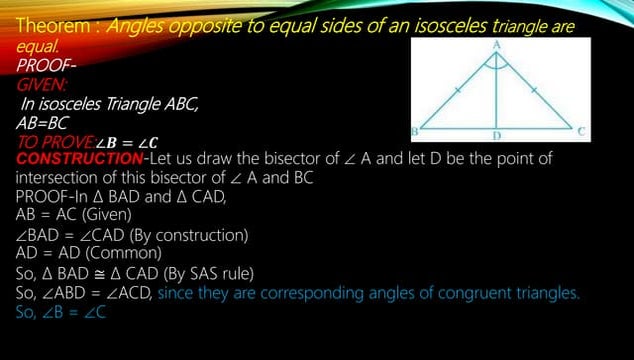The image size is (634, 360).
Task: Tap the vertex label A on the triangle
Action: point(497,44)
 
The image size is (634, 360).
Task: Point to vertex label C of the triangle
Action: point(582,131)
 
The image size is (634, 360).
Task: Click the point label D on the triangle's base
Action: point(496,134)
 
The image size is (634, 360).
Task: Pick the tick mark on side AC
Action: point(534,90)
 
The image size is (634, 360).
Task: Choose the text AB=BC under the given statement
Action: point(43,123)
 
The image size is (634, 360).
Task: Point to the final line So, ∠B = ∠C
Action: point(61,312)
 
